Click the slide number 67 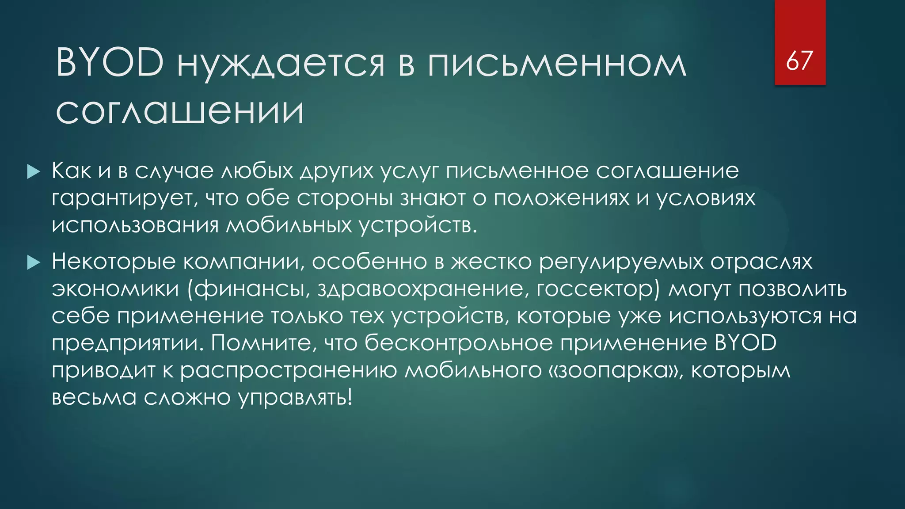pos(799,61)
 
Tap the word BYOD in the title pos(110,63)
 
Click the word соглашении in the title pos(180,111)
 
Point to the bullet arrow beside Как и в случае pos(34,172)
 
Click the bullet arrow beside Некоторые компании pos(34,263)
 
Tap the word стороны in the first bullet pos(345,198)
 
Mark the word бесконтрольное pos(459,343)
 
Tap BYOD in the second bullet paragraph pos(745,343)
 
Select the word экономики pos(115,289)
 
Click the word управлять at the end pos(295,398)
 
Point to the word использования pos(135,225)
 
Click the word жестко pos(491,262)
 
